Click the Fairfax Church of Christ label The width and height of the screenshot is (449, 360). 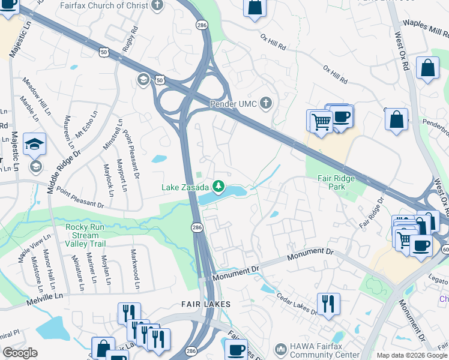(x=104, y=6)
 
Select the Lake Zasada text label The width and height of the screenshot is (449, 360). (x=185, y=188)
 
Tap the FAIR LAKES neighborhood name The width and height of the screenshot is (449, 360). (x=206, y=304)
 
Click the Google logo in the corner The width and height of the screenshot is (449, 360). (x=20, y=352)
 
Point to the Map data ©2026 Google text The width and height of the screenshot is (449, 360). (x=411, y=355)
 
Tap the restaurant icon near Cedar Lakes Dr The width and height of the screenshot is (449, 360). (x=328, y=303)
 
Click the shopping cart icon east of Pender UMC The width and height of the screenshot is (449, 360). (x=321, y=121)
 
